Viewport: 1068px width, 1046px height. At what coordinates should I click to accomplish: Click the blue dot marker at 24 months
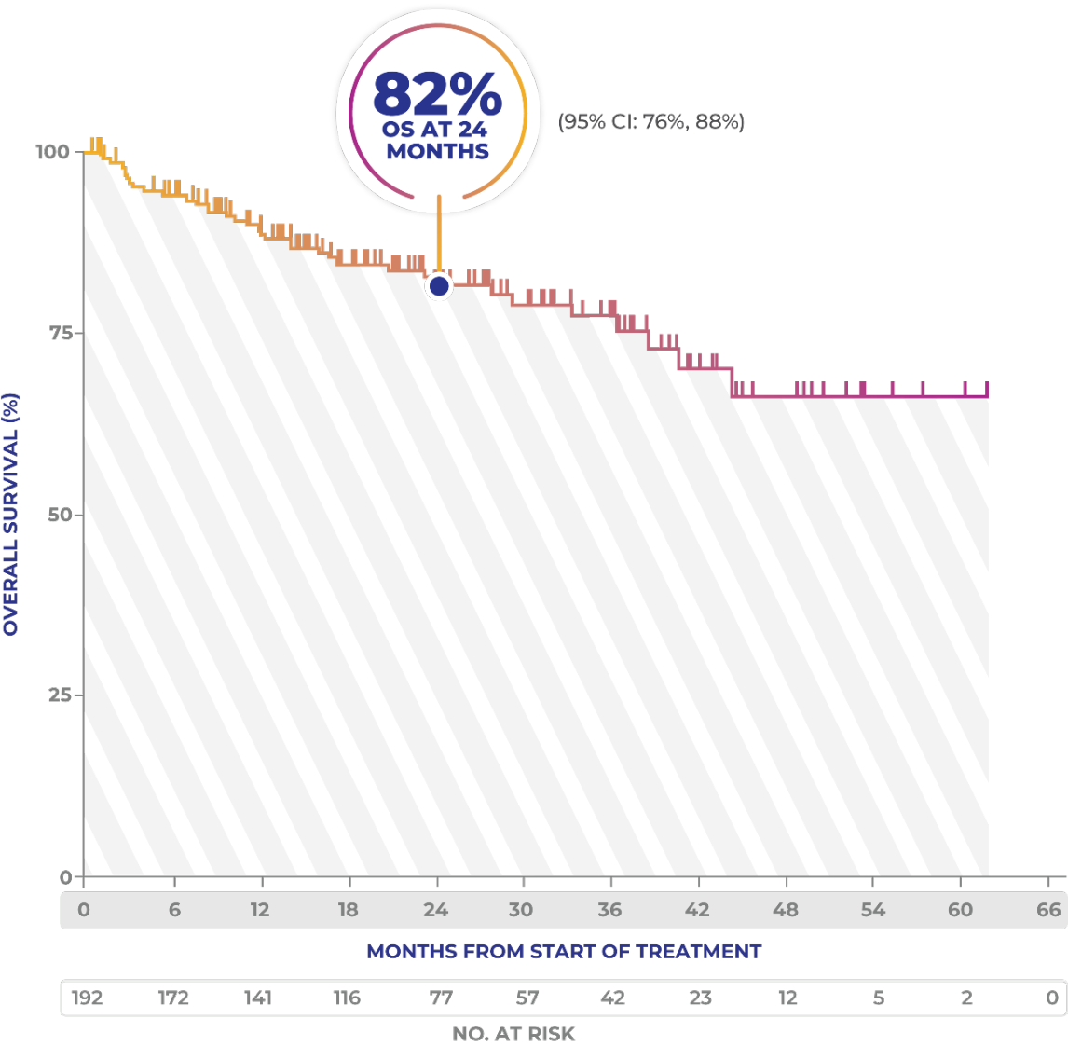[x=439, y=286]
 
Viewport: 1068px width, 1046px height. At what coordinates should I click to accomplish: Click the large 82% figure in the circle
[x=437, y=93]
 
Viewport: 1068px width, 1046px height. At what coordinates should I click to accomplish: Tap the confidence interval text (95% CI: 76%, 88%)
[x=650, y=121]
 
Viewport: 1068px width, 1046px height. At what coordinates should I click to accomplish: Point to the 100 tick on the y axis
[x=53, y=151]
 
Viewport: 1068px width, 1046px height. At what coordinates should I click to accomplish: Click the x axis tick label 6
[x=174, y=910]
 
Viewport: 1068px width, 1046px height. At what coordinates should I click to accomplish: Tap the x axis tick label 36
[x=609, y=910]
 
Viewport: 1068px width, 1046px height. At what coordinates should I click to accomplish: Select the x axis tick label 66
[x=1048, y=910]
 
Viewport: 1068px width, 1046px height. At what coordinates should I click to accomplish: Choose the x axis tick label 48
[x=785, y=910]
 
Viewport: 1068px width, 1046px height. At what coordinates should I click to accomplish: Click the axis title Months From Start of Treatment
[x=564, y=952]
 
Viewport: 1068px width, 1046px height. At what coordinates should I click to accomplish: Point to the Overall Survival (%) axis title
[x=11, y=515]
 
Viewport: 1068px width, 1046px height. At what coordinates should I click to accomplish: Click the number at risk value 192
[x=87, y=998]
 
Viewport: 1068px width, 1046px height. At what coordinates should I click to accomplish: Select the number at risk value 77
[x=441, y=998]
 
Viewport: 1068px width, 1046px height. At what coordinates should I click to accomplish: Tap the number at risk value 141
[x=258, y=998]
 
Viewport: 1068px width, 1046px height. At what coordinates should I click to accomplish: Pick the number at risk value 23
[x=700, y=998]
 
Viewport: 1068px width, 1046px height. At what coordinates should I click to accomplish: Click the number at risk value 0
[x=1052, y=998]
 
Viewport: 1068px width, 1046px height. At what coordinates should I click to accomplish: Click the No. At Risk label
[x=513, y=1034]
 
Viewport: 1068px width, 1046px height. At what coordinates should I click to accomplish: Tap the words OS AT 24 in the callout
[x=435, y=131]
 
